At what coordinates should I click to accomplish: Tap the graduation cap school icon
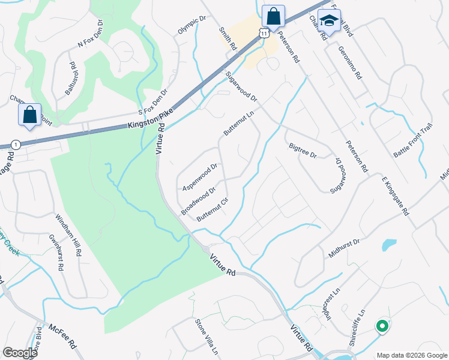(x=328, y=20)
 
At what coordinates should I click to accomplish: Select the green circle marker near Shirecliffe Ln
(x=381, y=326)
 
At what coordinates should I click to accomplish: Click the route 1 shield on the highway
(x=16, y=145)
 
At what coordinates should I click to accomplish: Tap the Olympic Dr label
(x=191, y=25)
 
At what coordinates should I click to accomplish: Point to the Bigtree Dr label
(x=303, y=151)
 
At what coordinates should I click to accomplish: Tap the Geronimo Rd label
(x=351, y=64)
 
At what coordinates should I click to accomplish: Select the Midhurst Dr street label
(x=343, y=248)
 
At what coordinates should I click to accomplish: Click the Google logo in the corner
(x=20, y=353)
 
